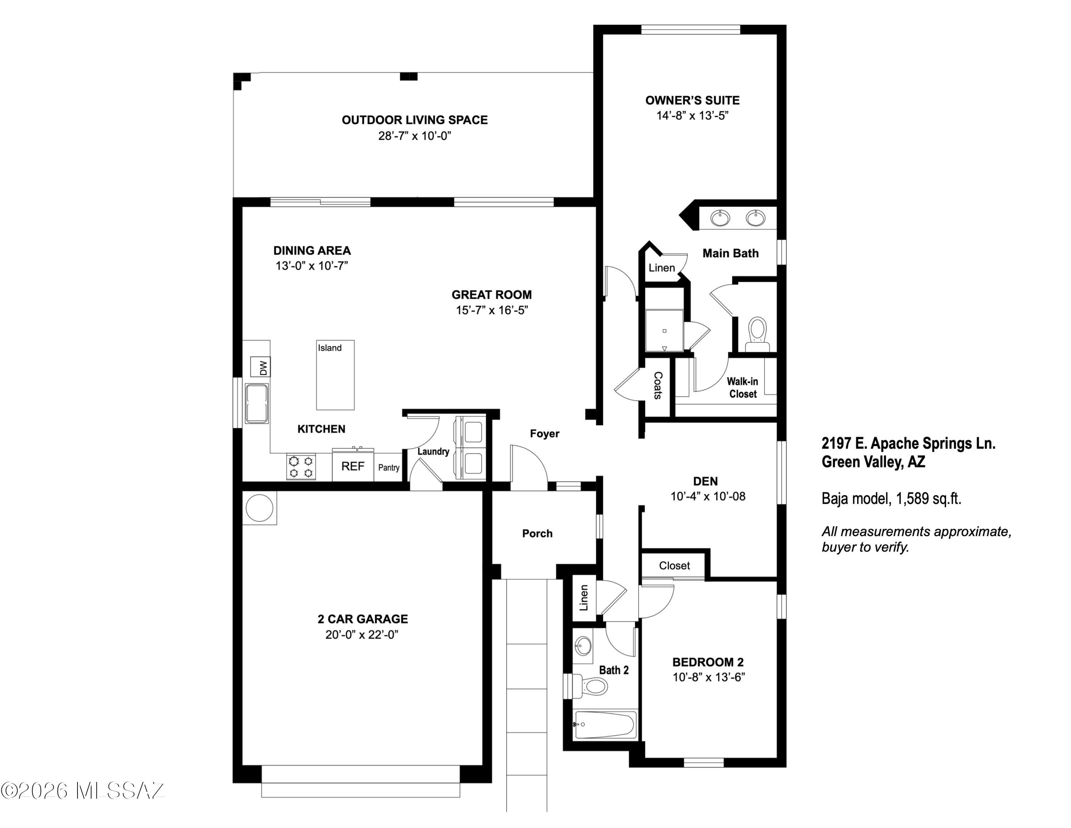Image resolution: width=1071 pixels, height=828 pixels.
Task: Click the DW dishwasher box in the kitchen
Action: pos(260,367)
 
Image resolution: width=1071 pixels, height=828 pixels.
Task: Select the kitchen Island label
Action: pos(330,348)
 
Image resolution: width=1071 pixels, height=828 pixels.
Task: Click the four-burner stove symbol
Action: pos(301,467)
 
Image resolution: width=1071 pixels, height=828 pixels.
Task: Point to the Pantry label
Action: pos(389,468)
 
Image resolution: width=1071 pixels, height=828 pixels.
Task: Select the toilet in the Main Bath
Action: pos(758,334)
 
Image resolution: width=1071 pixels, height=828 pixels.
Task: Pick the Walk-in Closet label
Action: pos(743,388)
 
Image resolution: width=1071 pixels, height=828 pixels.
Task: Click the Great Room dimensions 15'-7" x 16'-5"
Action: pos(492,310)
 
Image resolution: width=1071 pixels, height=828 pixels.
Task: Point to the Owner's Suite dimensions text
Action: pos(693,115)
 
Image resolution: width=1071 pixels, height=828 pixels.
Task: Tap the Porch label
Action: pos(537,533)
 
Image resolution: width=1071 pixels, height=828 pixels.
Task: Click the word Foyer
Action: pos(545,434)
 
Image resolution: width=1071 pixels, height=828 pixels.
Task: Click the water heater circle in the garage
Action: pos(260,508)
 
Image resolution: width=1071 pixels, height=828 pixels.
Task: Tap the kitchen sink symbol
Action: pos(256,403)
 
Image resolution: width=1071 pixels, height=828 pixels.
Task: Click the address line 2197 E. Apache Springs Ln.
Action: pos(909,443)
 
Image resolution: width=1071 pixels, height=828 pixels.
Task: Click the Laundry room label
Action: pos(433,451)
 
